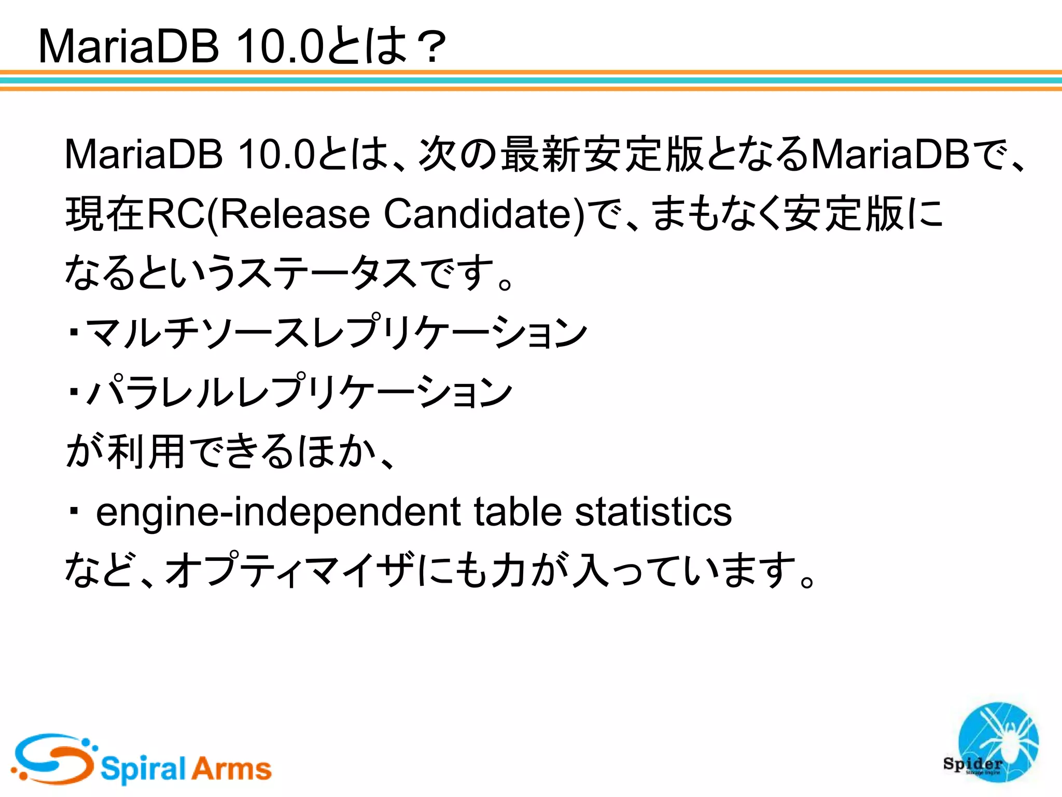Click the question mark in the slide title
point(428,47)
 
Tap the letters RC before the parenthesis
point(176,214)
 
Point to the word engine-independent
point(278,513)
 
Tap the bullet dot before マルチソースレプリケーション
point(74,332)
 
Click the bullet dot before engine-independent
point(74,511)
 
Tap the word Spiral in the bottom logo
point(143,768)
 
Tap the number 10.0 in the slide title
point(280,47)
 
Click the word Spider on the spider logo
point(973,763)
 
